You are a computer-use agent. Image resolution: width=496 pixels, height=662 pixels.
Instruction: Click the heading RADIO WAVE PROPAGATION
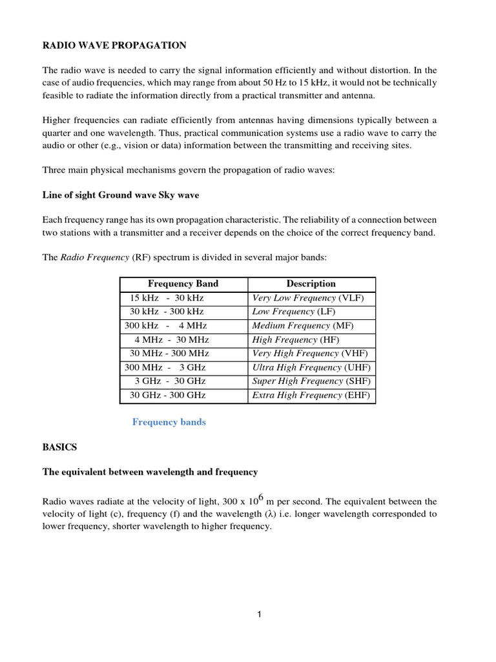point(114,45)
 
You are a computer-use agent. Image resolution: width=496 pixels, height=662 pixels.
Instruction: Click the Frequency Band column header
point(183,284)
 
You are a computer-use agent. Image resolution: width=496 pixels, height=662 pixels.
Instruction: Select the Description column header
point(311,284)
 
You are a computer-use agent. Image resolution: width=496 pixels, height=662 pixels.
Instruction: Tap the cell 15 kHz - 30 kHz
point(167,298)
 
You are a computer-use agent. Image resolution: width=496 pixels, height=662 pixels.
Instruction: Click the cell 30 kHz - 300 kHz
point(167,312)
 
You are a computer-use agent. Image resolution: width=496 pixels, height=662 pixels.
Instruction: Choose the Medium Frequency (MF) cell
point(303,326)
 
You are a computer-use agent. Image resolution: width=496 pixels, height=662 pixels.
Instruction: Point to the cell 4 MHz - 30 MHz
point(171,339)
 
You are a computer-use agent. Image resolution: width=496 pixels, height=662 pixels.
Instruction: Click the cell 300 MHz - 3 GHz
point(165,367)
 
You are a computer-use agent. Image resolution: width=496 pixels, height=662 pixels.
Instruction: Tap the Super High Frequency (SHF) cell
point(310,381)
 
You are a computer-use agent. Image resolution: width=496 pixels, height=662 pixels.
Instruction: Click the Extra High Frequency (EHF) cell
point(311,395)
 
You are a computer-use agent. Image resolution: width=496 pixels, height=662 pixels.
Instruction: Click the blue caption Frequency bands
point(169,422)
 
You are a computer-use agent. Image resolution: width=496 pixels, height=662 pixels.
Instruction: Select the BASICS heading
point(59,447)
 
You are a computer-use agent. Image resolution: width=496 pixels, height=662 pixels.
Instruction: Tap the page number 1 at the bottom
point(259,615)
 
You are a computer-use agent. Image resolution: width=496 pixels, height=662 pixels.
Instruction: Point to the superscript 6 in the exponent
point(261,493)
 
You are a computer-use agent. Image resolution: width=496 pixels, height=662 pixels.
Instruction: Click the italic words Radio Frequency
point(95,257)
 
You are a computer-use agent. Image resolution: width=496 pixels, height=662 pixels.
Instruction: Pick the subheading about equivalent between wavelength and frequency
point(150,472)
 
